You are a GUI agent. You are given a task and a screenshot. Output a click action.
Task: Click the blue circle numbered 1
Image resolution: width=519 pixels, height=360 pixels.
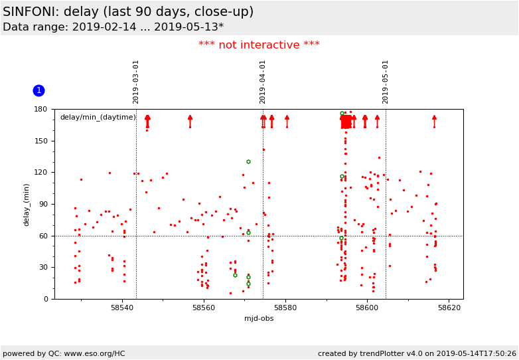point(38,90)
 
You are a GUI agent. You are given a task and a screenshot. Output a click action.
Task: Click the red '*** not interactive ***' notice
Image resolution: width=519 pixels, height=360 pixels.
point(259,45)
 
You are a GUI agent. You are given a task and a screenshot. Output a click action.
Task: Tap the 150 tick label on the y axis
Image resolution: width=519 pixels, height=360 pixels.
point(41,141)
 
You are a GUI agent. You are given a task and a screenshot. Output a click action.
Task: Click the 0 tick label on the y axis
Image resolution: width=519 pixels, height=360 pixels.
point(46,300)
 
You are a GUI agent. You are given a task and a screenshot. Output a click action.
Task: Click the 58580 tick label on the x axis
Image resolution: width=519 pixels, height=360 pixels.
point(285,308)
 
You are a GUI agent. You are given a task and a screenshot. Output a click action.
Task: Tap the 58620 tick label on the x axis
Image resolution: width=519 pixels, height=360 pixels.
point(449,308)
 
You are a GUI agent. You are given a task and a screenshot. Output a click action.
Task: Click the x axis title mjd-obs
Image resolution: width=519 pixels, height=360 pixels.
point(259,318)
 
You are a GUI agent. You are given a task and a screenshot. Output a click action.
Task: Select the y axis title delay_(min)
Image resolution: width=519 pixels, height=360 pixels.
point(27,204)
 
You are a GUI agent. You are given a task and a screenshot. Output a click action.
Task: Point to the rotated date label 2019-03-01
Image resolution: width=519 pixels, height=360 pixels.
point(136,82)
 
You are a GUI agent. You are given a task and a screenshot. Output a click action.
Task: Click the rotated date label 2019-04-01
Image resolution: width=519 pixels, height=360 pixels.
point(263,82)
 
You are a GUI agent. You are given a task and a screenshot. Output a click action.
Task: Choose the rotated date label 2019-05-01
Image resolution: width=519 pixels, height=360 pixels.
point(386,82)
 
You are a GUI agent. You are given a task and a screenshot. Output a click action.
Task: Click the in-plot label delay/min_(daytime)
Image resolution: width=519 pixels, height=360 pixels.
point(98,118)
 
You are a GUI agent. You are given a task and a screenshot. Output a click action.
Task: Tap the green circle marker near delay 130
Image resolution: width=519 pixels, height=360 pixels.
point(248,161)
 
